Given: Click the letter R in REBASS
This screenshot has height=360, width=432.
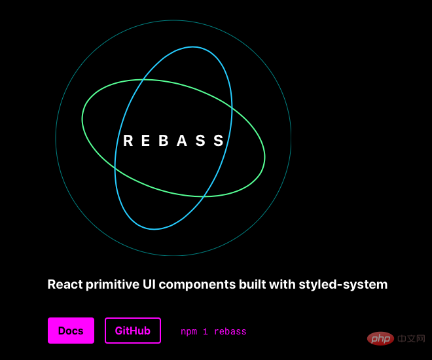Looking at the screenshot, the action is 128,141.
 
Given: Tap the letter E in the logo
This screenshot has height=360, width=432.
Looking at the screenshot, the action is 145,141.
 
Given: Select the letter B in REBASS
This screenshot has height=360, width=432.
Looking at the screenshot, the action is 164,141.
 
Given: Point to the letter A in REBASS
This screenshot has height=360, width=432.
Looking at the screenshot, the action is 182,141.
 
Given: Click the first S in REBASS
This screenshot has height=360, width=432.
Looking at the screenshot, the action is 200,141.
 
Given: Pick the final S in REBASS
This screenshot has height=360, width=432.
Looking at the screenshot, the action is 219,141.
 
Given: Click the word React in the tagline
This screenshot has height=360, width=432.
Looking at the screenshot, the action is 65,284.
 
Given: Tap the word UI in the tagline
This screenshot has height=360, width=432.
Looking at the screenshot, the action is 149,284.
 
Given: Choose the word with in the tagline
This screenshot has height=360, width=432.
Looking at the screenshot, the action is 282,284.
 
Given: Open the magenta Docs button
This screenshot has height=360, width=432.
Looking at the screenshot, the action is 71,331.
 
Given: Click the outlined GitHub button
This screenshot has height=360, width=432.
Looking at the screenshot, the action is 132,331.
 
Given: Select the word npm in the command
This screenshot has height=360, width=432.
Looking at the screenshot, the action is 189,332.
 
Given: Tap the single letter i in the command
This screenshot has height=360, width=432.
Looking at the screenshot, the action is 206,331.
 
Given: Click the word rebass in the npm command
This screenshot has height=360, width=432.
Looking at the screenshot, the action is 230,331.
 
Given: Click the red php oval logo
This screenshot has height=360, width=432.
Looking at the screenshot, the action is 380,338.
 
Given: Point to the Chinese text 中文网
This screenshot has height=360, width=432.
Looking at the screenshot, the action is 411,338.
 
